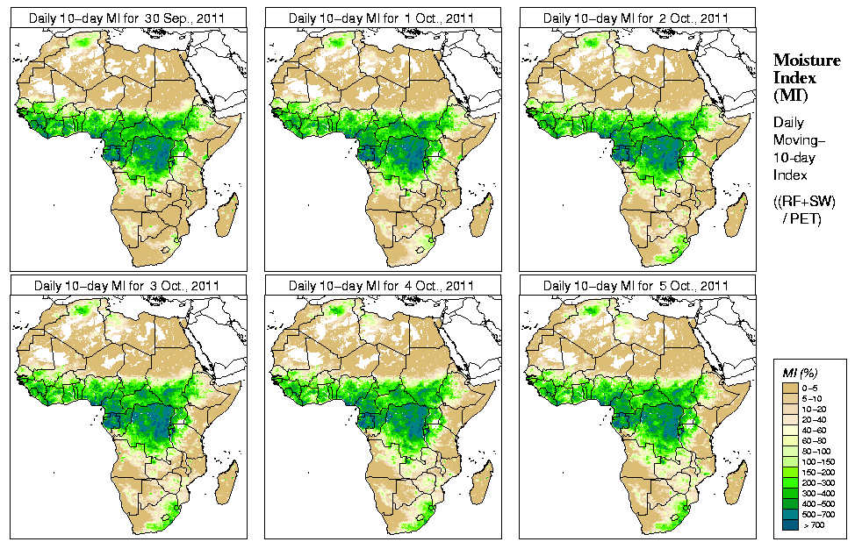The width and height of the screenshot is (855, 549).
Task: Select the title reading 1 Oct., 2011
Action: point(382,18)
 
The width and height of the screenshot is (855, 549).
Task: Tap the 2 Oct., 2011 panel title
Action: point(636,18)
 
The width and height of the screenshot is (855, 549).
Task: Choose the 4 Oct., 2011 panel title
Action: point(382,286)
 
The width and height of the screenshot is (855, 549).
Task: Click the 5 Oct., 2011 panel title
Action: point(636,286)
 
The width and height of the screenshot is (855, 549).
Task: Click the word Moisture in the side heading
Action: point(801,60)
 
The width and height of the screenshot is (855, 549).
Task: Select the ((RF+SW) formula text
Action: point(804,202)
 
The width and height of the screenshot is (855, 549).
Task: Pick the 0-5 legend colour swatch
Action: point(790,386)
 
